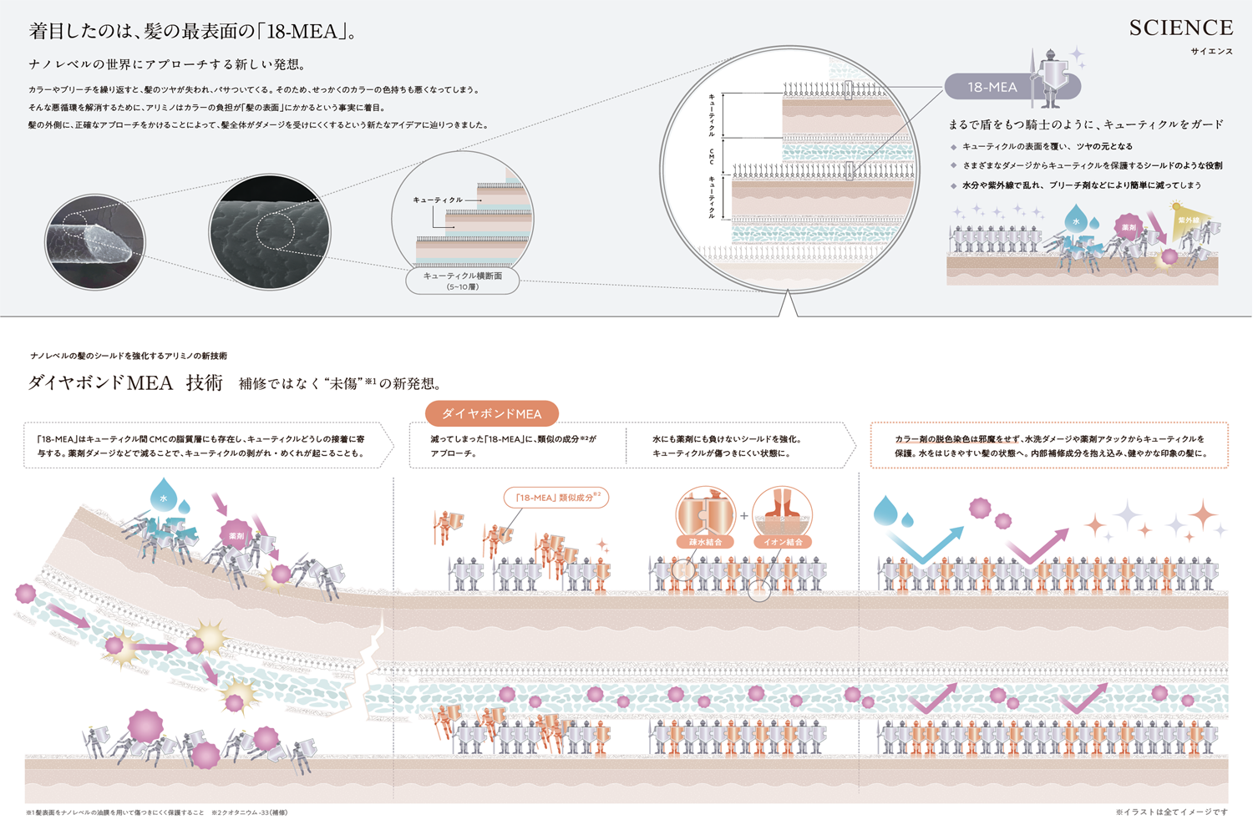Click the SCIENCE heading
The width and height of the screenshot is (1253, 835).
point(1180,28)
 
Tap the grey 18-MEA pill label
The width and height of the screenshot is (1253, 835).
point(992,87)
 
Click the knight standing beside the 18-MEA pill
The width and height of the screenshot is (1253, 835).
point(1050,79)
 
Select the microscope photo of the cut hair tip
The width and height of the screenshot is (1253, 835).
point(94,241)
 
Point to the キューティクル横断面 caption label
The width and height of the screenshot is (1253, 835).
point(462,281)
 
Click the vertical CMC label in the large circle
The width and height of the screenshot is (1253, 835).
point(712,156)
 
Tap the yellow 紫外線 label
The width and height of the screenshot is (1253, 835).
point(1188,220)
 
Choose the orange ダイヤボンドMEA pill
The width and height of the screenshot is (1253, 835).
point(491,413)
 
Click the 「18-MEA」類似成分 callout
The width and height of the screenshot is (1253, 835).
point(555,498)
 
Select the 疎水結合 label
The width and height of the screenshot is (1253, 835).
point(705,542)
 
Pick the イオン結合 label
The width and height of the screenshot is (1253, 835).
point(783,542)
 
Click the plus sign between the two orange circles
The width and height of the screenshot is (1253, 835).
point(743,516)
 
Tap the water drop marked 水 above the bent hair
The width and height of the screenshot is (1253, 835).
point(164,495)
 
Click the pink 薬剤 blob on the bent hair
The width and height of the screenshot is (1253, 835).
point(236,534)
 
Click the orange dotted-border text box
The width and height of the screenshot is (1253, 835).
point(1049,445)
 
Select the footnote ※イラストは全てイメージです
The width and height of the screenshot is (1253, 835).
point(1171,812)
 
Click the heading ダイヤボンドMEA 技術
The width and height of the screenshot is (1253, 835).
point(125,382)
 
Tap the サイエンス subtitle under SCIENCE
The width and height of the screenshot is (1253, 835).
point(1211,52)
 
